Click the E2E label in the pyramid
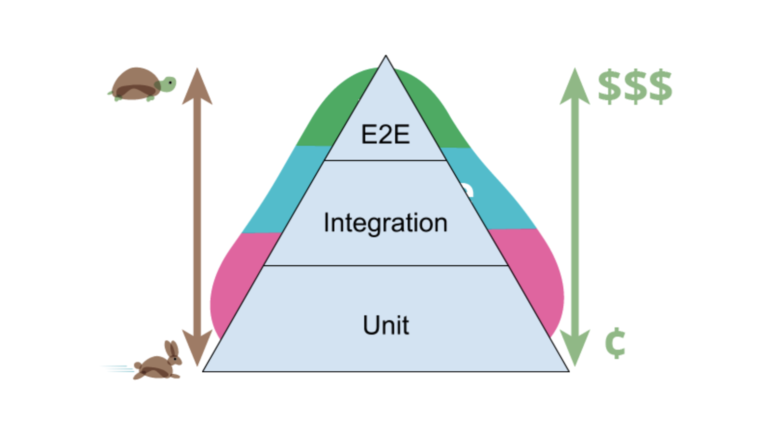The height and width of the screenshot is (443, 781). [x=385, y=134]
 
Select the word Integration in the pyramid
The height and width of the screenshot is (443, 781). [x=385, y=222]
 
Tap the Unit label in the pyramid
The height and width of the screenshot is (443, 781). [x=386, y=325]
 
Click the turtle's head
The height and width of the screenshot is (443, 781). [x=168, y=84]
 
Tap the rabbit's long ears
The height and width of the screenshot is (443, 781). [x=172, y=348]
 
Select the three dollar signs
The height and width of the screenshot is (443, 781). [x=635, y=87]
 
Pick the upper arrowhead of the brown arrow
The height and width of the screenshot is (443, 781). [x=197, y=87]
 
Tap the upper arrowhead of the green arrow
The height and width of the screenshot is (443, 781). [x=575, y=87]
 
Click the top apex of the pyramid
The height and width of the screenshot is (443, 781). [x=386, y=58]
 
